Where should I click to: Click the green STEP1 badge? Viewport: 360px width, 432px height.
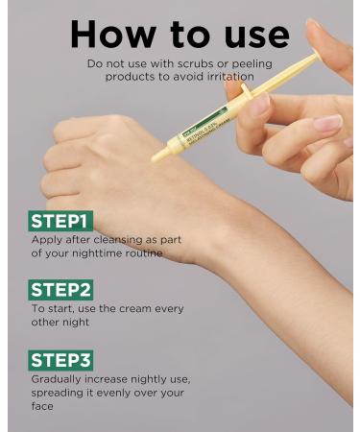point(63,221)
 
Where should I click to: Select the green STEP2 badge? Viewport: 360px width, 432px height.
point(63,290)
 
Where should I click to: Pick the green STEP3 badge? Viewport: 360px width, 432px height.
point(63,360)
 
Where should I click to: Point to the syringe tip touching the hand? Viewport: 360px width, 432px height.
point(155,157)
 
